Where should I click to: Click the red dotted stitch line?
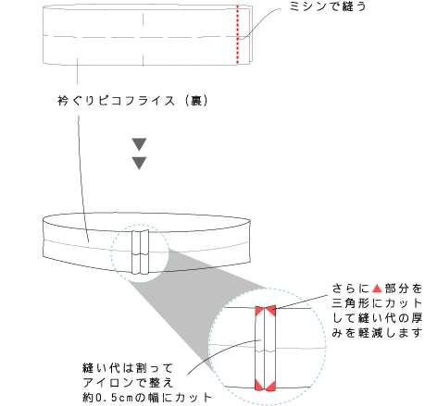coord(237,34)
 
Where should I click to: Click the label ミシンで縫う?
coord(328,6)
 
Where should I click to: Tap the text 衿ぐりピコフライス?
coord(116,101)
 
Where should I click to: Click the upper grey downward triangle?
coord(139,144)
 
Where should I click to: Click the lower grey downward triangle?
coord(139,163)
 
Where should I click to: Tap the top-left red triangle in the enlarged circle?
coord(259,311)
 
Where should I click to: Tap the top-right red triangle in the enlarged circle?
coord(271,311)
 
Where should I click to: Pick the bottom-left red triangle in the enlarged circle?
coord(259,386)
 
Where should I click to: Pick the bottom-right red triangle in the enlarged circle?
coord(270,386)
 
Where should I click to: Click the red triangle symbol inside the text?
coord(377,289)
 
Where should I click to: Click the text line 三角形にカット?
coord(377,303)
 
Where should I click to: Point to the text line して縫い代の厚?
coord(377,318)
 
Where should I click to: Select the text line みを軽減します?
coord(377,333)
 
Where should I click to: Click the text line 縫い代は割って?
coord(128,368)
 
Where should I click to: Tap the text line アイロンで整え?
coord(128,383)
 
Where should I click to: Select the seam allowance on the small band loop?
coord(141,252)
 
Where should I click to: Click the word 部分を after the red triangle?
coord(404,289)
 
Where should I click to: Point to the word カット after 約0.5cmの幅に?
coord(194,398)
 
